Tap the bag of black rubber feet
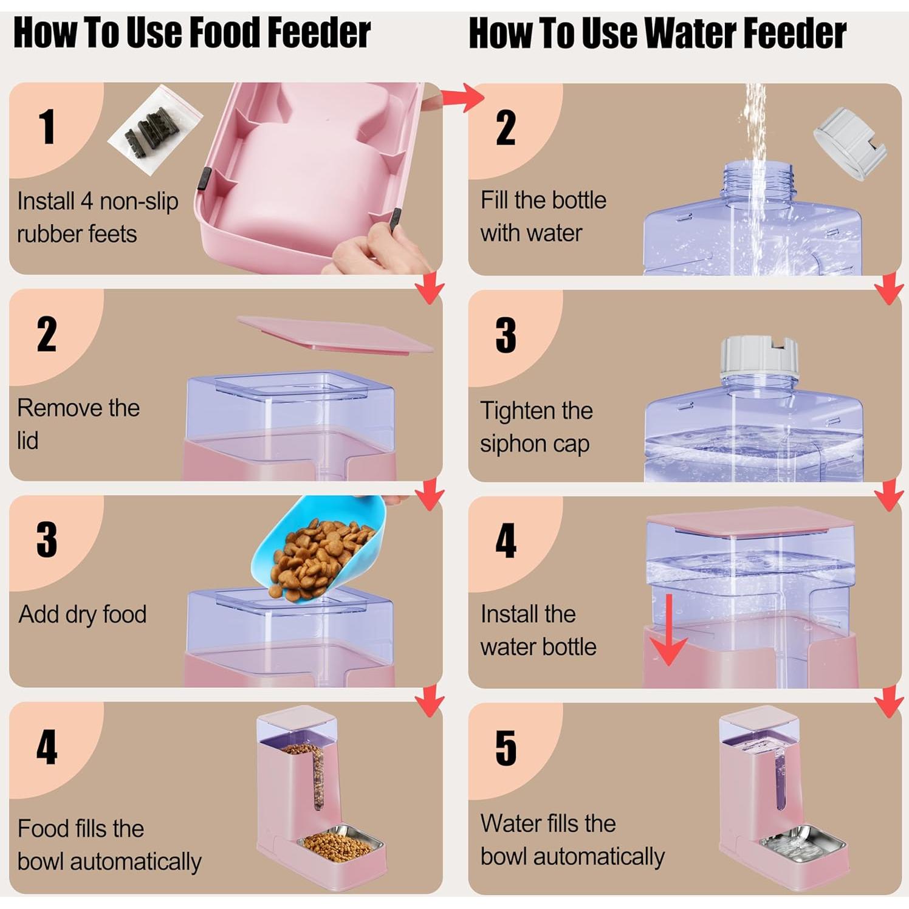coord(155,128)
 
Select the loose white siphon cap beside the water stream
coord(849,143)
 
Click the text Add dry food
coord(83,614)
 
